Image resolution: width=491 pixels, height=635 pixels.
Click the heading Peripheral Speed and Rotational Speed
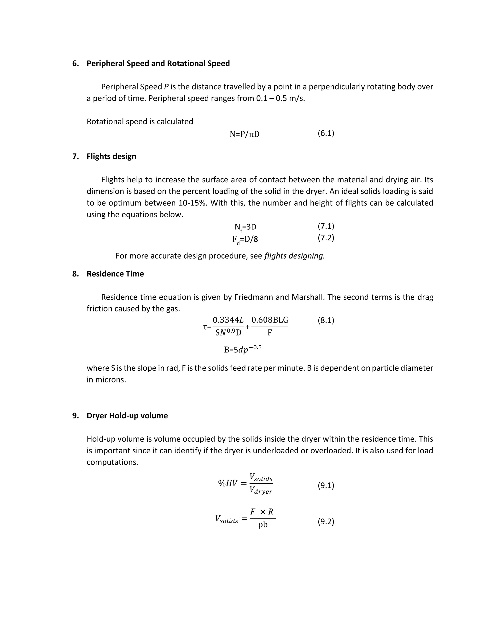(158, 63)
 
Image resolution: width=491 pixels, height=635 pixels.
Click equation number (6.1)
(326, 133)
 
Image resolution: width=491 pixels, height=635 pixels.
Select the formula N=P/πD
(244, 134)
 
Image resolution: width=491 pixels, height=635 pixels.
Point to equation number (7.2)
(326, 238)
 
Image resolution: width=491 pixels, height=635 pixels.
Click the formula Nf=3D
(245, 227)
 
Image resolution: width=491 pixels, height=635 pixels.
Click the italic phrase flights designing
(294, 256)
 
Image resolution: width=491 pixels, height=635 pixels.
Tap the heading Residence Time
(115, 274)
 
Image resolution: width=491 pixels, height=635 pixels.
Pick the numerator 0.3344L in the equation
(228, 320)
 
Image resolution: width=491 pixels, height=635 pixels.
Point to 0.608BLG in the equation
(270, 320)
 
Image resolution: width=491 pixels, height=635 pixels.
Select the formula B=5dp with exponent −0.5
(243, 349)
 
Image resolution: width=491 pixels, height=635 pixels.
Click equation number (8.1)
(326, 320)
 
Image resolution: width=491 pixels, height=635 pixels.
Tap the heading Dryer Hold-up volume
(127, 416)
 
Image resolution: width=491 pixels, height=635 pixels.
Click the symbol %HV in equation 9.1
(228, 483)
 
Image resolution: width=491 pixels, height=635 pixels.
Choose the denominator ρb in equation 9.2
(263, 525)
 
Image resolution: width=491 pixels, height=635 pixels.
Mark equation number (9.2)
(326, 522)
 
